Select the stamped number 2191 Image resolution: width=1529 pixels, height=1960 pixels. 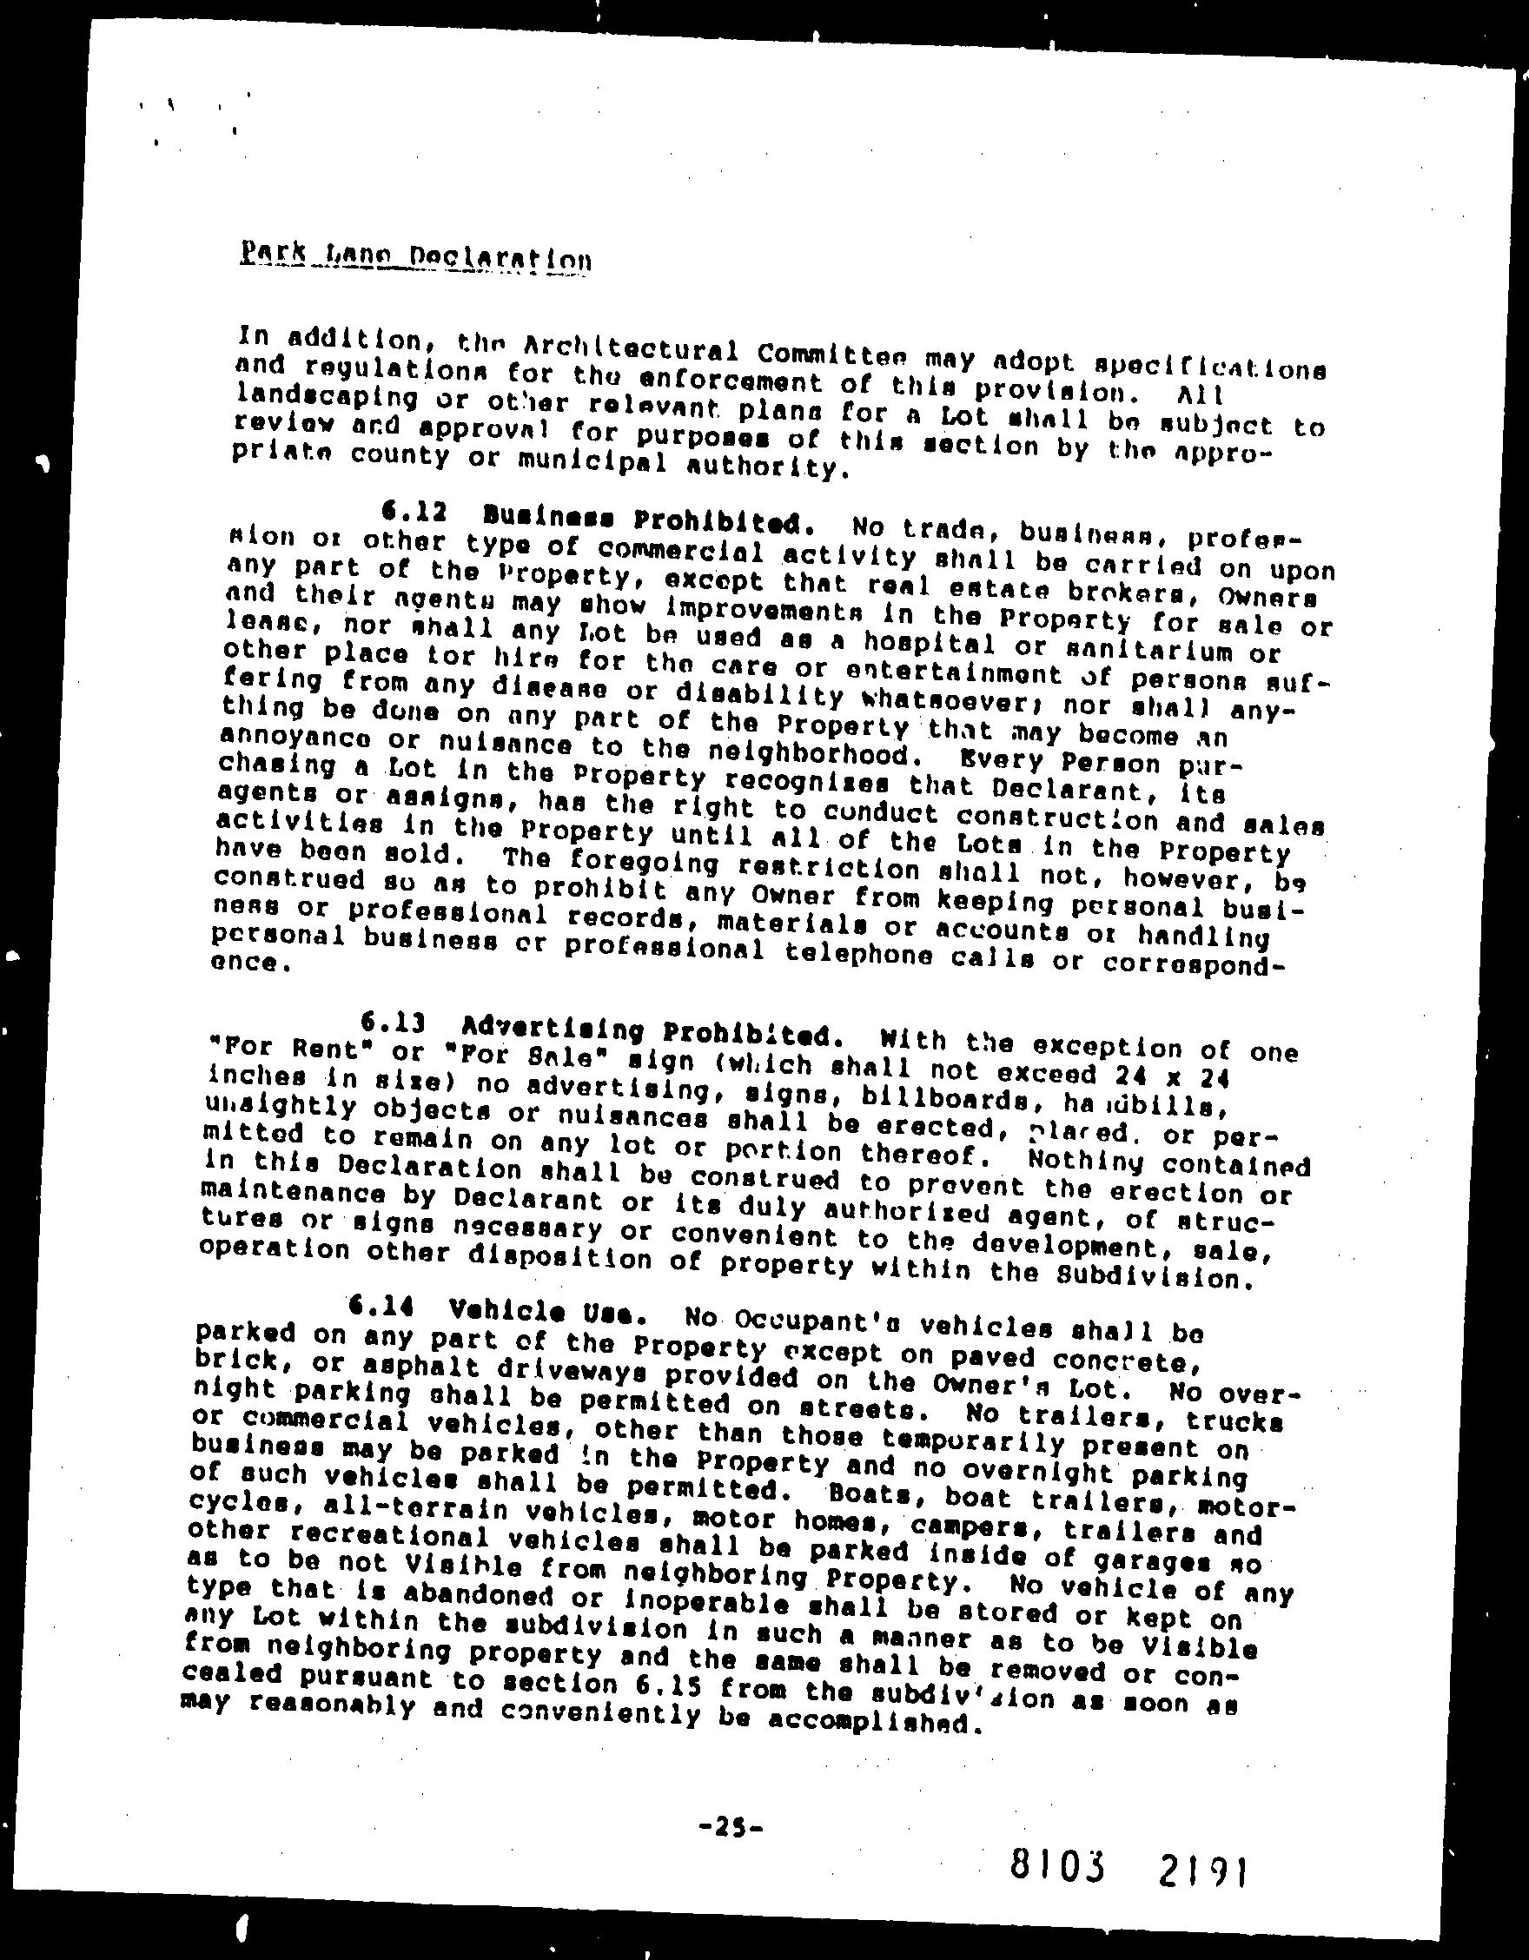(x=1194, y=1869)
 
